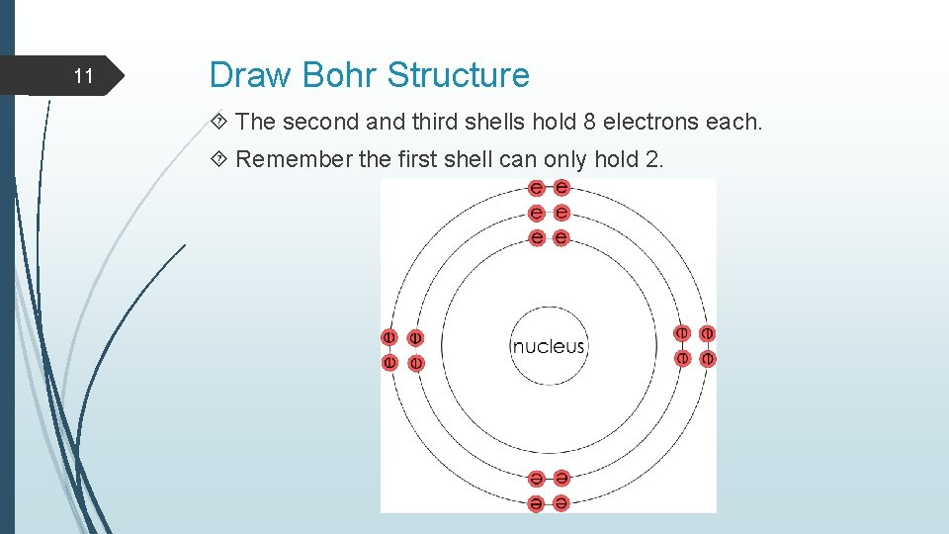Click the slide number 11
[x=84, y=76]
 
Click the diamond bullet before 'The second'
[x=218, y=123]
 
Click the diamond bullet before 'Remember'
[x=218, y=160]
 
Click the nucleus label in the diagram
[x=549, y=347]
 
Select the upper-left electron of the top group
[x=536, y=188]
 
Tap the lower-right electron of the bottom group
[x=561, y=503]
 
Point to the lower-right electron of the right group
[x=708, y=358]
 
